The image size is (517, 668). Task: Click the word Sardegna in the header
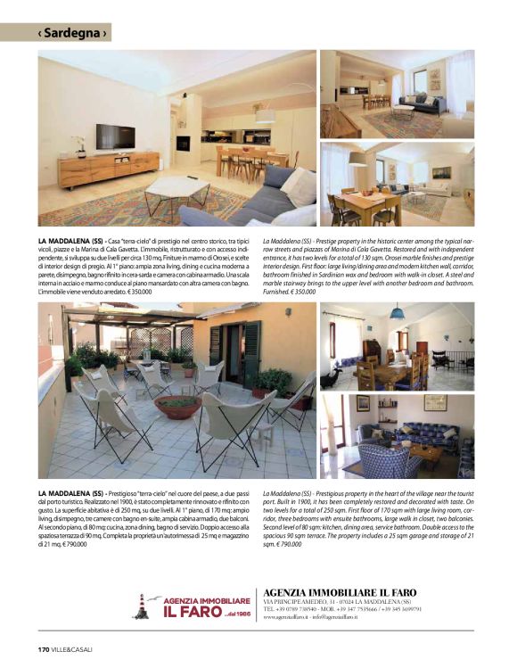click(x=74, y=33)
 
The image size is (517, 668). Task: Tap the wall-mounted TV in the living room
click(x=115, y=136)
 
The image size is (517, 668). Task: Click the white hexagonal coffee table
click(x=176, y=189)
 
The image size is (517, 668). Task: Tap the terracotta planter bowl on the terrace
click(x=178, y=406)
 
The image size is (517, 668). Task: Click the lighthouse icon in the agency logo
click(x=141, y=606)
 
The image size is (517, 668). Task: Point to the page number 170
click(x=43, y=647)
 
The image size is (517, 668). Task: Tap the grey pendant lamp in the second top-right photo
click(x=357, y=158)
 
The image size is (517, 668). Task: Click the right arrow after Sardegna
click(x=105, y=33)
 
